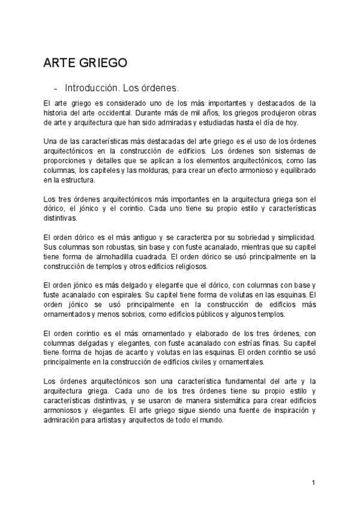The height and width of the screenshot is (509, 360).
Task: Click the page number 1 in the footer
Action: tap(313, 483)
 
